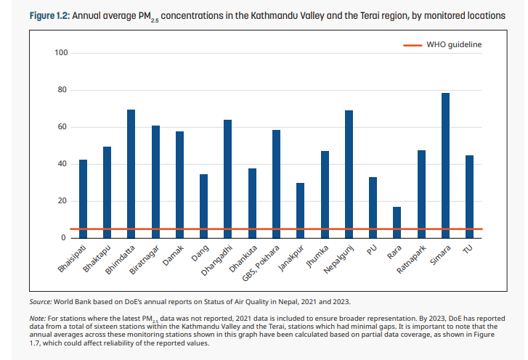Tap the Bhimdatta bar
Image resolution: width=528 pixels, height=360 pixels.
[x=131, y=173]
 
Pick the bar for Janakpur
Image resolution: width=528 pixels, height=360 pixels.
[x=301, y=210]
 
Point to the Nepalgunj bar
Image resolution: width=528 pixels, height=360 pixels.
[x=349, y=174]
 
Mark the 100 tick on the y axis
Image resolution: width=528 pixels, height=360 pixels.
[x=61, y=53]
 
